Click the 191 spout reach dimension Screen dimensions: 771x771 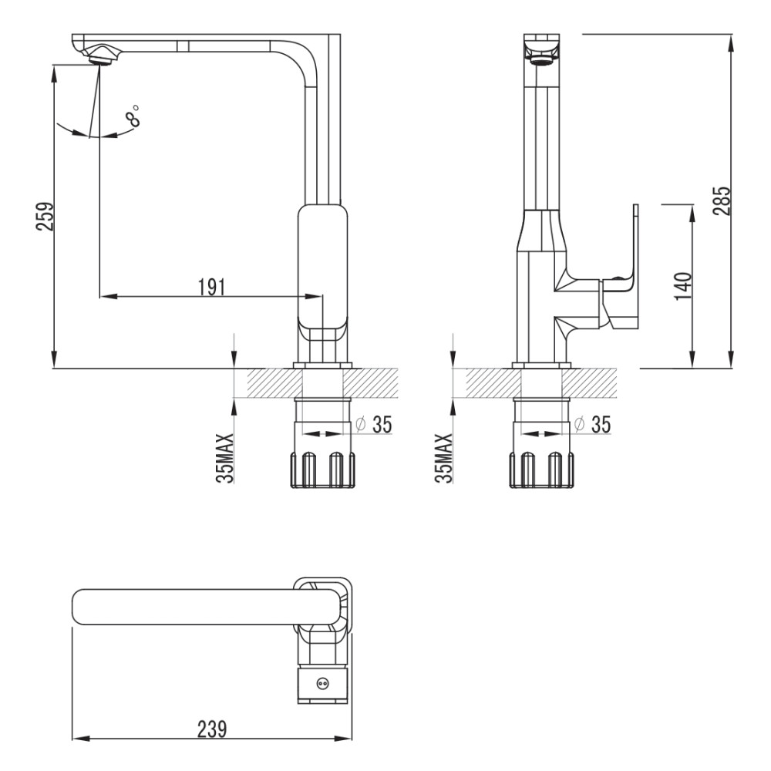coord(211,287)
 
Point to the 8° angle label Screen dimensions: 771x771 coord(133,115)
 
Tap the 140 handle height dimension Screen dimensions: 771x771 coord(682,286)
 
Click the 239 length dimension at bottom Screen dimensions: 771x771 coord(213,729)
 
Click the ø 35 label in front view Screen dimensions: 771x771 coord(374,424)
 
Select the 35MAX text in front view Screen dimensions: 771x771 coord(224,458)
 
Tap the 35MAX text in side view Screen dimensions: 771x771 coord(443,458)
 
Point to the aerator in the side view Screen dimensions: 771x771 coord(542,60)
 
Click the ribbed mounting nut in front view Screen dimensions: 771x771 coord(323,470)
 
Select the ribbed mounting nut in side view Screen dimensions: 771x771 coord(541,470)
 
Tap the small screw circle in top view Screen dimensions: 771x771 coord(322,683)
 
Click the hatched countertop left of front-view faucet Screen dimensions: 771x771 coord(270,382)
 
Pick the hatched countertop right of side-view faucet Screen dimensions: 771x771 coord(594,382)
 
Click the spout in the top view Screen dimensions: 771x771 coord(206,607)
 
